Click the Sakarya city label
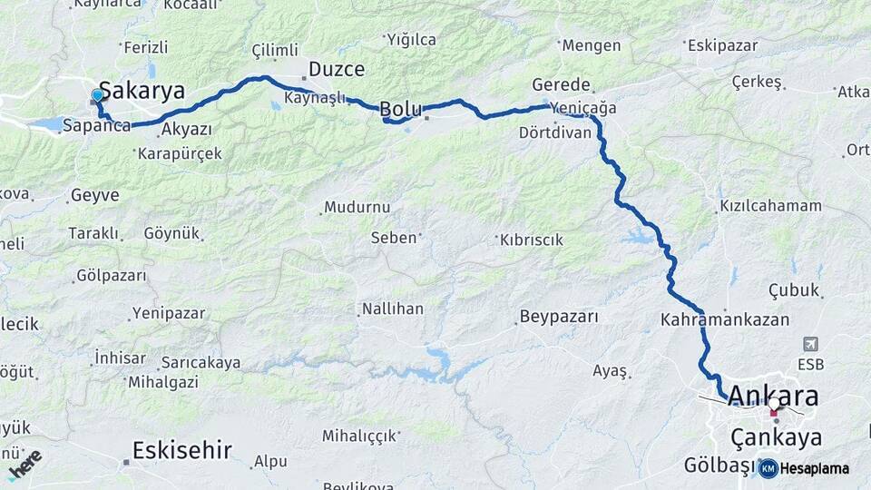point(142,91)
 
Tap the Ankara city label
point(773,397)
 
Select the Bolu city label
point(400,109)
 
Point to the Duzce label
point(337,69)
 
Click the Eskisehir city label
point(182,449)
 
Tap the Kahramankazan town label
point(725,320)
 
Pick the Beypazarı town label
point(559,317)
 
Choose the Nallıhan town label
point(392,309)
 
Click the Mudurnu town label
point(357,207)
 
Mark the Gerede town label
point(562,83)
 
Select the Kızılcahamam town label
point(770,206)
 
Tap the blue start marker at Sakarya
point(97,95)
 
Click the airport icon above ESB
point(809,344)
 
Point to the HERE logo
point(24,464)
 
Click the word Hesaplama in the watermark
point(815,468)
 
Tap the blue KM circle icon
point(768,468)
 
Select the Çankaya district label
point(777,438)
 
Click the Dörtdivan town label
point(555,132)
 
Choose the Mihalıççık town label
point(366,436)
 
